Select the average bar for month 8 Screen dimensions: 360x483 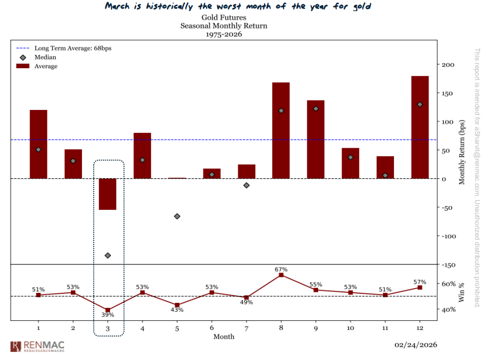pyautogui.click(x=281, y=130)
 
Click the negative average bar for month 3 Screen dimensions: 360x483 pyautogui.click(x=107, y=194)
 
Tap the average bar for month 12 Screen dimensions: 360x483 pyautogui.click(x=419, y=127)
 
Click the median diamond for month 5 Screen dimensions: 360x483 pyautogui.click(x=177, y=216)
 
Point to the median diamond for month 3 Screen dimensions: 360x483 pyautogui.click(x=107, y=255)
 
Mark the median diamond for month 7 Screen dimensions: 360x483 pyautogui.click(x=246, y=185)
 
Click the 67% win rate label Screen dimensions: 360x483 pyautogui.click(x=281, y=269)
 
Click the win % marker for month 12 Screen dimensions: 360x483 pyautogui.click(x=419, y=288)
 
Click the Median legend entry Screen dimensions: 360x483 pyautogui.click(x=45, y=58)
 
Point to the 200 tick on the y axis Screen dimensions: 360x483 pyautogui.click(x=447, y=65)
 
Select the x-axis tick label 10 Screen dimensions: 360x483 pyautogui.click(x=350, y=328)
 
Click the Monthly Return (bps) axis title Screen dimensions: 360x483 pyautogui.click(x=462, y=152)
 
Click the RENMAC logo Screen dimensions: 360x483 pyautogui.click(x=37, y=347)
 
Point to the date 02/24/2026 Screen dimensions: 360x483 pyautogui.click(x=415, y=345)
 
